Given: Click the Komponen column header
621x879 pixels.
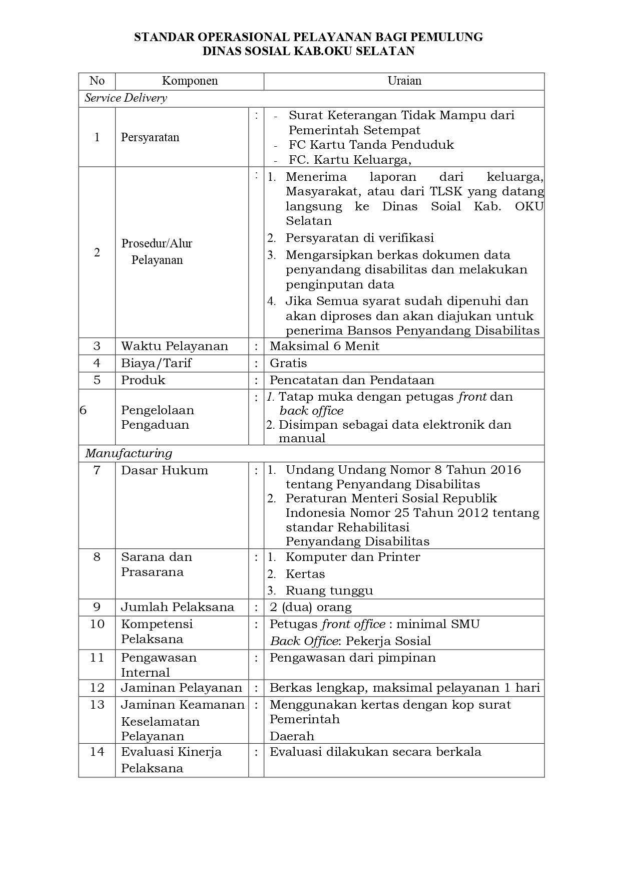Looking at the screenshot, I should click(190, 81).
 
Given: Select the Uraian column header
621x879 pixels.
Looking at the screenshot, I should click(404, 81).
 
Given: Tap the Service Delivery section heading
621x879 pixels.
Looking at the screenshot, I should click(126, 98).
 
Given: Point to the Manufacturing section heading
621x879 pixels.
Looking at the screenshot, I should click(129, 453).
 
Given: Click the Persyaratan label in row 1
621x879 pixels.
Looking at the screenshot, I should click(150, 137).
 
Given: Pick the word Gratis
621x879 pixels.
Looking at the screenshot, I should click(288, 363).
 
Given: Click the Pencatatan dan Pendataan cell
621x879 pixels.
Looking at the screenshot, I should click(352, 380).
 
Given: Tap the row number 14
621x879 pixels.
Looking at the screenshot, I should click(97, 752).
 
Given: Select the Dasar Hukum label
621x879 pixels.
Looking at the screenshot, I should click(165, 470).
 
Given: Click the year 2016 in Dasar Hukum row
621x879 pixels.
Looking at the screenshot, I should click(506, 470).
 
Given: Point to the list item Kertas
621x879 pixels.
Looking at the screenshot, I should click(305, 574).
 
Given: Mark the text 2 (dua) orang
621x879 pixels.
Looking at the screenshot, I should click(310, 608).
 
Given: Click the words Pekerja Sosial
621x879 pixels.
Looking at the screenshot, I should click(388, 641).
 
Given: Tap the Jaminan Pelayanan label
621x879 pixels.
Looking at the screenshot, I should click(182, 688).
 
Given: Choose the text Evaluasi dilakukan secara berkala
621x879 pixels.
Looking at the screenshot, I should click(375, 752).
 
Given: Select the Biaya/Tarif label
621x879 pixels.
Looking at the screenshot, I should click(156, 363).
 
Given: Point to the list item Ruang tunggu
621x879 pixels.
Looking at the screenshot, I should click(329, 591).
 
